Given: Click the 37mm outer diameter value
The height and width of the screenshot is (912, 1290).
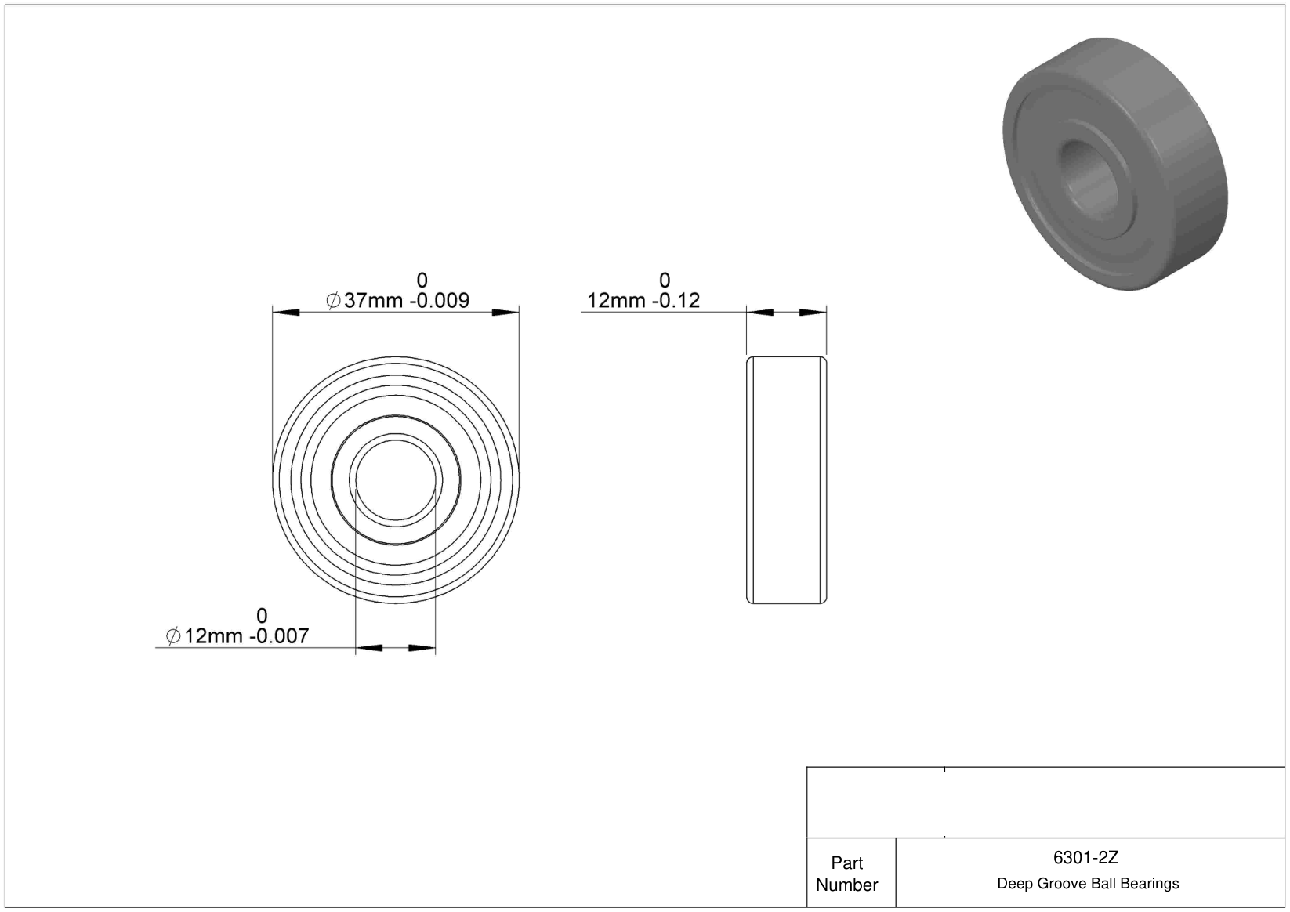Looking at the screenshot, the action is pyautogui.click(x=373, y=301).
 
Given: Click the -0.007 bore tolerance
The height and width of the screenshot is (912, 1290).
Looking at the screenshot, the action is pyautogui.click(x=279, y=636).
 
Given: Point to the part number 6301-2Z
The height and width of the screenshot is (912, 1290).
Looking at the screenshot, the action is pyautogui.click(x=1085, y=858).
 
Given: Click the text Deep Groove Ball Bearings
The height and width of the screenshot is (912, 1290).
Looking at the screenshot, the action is pyautogui.click(x=1088, y=884).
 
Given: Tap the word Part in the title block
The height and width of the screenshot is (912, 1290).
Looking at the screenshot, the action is pyautogui.click(x=846, y=863).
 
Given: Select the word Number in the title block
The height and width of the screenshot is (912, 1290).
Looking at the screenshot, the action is pyautogui.click(x=846, y=885).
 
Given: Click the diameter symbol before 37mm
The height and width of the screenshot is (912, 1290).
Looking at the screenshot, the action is pyautogui.click(x=333, y=301).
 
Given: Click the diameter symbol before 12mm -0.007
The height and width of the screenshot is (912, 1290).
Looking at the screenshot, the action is pyautogui.click(x=173, y=636).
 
